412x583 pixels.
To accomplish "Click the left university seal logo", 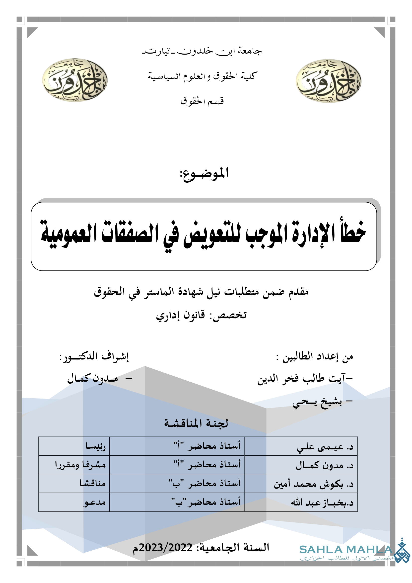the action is tap(74, 80).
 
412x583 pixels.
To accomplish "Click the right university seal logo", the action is tap(328, 81).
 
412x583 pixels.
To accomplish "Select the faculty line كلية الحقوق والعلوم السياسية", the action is tap(203, 76).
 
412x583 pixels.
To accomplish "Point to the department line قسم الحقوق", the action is tap(202, 101).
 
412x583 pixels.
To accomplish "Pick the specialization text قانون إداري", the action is tap(180, 315).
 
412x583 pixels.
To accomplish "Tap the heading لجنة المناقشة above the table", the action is tap(196, 423).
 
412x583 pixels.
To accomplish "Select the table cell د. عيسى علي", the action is tap(325, 447).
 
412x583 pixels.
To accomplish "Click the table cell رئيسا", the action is tap(95, 446).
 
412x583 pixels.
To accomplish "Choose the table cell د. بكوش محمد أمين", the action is tap(314, 484).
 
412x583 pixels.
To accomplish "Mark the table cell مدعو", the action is tap(95, 502).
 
